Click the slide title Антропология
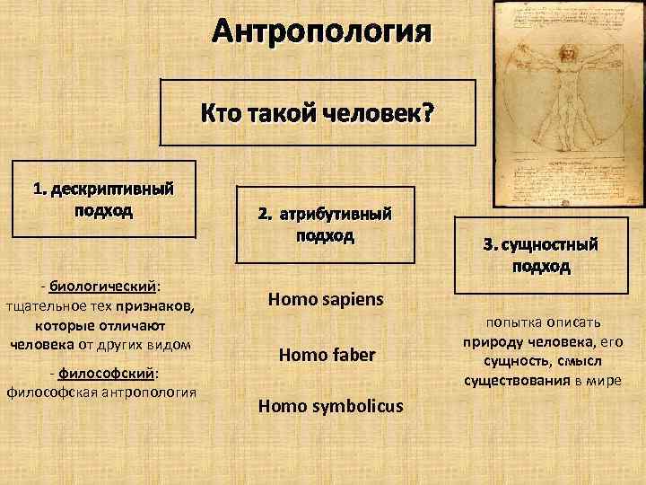[322, 34]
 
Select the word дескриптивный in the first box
[112, 190]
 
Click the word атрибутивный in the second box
[336, 216]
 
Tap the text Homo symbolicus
[330, 407]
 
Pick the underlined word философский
[107, 373]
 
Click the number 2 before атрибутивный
[262, 216]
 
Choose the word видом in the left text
[170, 342]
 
